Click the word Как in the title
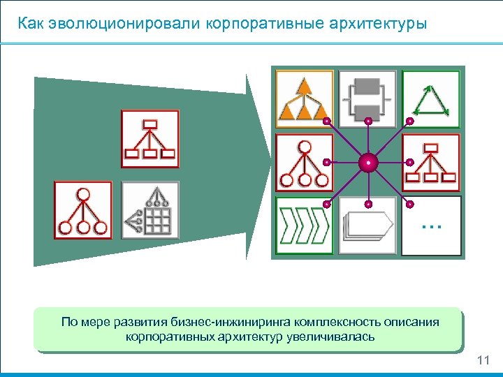click(31, 24)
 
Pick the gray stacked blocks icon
click(367, 99)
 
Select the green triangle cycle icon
click(431, 99)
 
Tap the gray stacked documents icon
click(367, 226)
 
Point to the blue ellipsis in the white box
click(432, 225)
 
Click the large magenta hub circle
click(368, 163)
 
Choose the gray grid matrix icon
click(150, 210)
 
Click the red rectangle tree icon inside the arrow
click(150, 139)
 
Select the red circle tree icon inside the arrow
click(82, 210)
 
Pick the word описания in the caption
click(413, 322)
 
